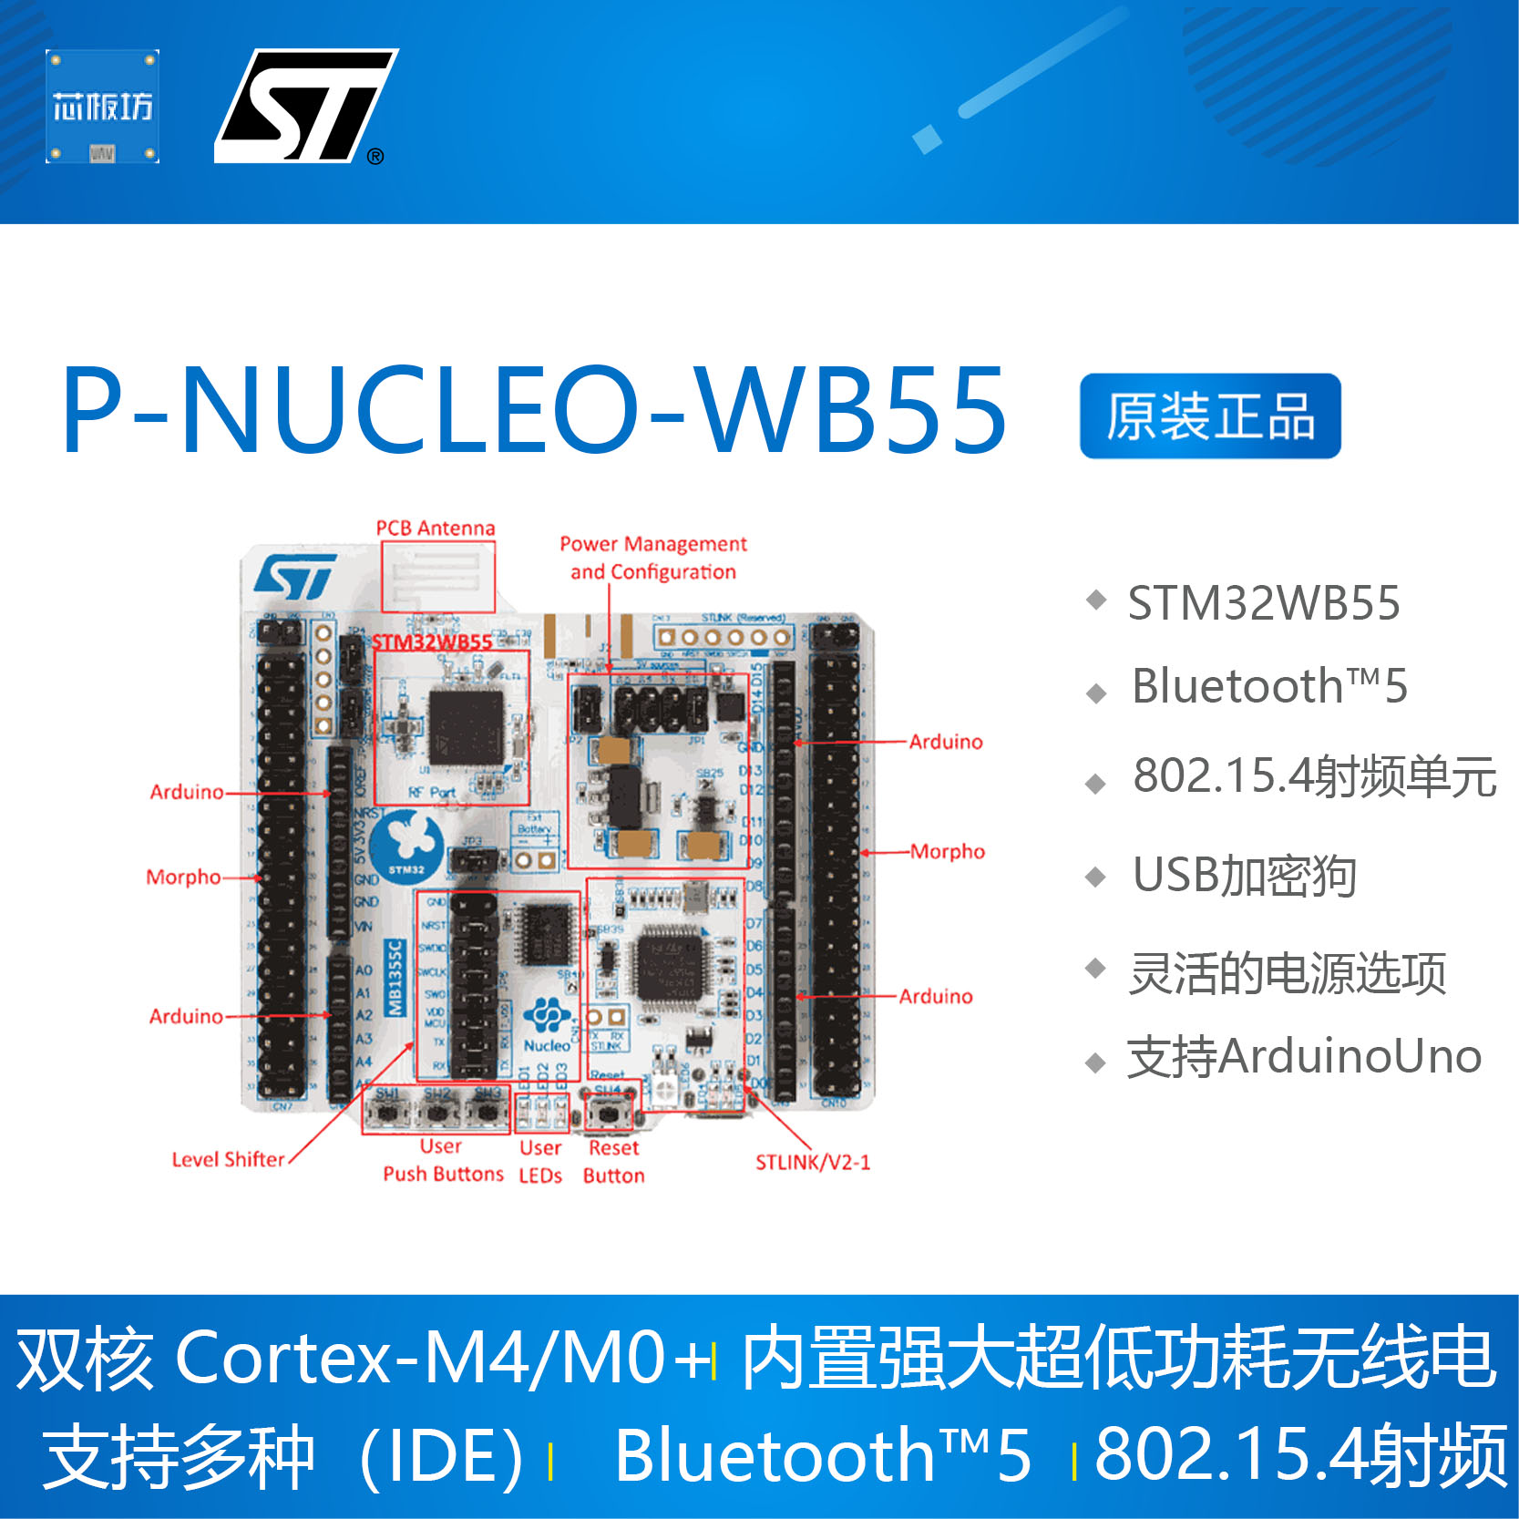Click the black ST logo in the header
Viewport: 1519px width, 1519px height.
click(x=305, y=106)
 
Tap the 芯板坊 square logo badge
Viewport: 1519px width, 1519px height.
click(x=102, y=107)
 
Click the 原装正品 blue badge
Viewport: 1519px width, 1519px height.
click(x=1209, y=416)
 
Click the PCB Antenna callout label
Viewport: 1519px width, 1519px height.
click(x=436, y=529)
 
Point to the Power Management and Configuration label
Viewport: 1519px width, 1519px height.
click(x=653, y=558)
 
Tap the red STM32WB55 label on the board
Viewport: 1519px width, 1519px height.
click(x=432, y=641)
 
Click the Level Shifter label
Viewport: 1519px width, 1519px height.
click(x=229, y=1159)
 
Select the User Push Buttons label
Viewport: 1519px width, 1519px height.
click(x=443, y=1160)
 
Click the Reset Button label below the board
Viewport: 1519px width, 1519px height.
click(x=613, y=1162)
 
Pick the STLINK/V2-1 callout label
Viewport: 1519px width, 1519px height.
click(x=813, y=1162)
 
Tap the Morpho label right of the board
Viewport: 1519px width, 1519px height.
click(x=948, y=851)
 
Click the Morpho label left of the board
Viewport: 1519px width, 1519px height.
click(x=183, y=877)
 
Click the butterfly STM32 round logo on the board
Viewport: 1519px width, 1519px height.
click(x=408, y=844)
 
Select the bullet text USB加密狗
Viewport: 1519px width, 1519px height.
click(x=1244, y=876)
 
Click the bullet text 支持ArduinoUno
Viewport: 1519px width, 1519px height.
click(x=1304, y=1057)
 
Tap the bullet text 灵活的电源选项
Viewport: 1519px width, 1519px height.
click(x=1287, y=973)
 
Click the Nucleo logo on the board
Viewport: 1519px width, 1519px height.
click(x=547, y=1024)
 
